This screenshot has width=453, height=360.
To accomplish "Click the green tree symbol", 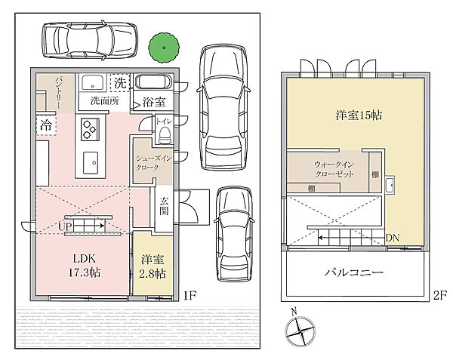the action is [164, 48].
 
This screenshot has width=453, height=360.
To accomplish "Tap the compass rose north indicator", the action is [300, 331].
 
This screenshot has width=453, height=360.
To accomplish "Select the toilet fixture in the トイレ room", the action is [165, 135].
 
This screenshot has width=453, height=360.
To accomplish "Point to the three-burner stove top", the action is [90, 129].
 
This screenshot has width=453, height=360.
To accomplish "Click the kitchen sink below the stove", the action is [91, 163].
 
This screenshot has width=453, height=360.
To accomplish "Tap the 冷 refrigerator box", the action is [46, 125].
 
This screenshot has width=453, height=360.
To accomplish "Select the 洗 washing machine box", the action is [120, 83].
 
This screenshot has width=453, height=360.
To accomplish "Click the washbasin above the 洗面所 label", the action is [92, 83].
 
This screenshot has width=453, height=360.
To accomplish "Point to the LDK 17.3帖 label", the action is [84, 266].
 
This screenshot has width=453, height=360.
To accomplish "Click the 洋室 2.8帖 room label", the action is [153, 266].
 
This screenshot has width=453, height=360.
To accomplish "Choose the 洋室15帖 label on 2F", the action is [359, 115].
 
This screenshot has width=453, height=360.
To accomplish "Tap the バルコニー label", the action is [353, 272].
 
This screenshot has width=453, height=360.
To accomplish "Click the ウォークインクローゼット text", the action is [334, 169].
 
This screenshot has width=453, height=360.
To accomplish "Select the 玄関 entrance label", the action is [164, 206].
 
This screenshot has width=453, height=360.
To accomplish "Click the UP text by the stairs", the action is [65, 226].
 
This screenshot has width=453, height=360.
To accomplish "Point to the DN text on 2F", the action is [393, 238].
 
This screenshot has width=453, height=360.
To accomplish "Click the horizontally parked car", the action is [90, 40].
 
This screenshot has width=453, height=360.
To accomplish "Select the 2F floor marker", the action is [440, 295].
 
